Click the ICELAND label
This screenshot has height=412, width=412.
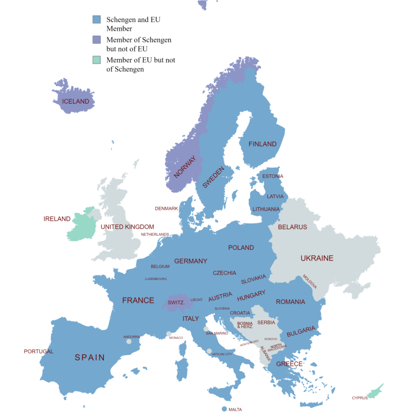(76, 101)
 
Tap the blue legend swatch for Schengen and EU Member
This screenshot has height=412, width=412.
(97, 19)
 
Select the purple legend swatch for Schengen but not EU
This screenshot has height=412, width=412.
(97, 40)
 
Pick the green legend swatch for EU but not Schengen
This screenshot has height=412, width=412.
(97, 60)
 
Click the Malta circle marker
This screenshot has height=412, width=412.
(224, 409)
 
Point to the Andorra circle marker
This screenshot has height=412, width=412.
(129, 342)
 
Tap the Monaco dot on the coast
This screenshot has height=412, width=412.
(169, 334)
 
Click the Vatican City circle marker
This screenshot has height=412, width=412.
(209, 351)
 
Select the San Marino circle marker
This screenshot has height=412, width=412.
(206, 329)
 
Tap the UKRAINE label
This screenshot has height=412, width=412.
(317, 258)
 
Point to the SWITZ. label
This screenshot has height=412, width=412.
(176, 303)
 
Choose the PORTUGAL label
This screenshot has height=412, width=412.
(39, 351)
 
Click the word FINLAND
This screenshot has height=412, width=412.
(262, 144)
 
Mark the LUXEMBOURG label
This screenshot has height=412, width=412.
(156, 279)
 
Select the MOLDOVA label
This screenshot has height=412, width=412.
(310, 282)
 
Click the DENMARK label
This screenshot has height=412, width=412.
(166, 208)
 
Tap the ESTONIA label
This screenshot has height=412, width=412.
(273, 176)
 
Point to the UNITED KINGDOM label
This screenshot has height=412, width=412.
(127, 227)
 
